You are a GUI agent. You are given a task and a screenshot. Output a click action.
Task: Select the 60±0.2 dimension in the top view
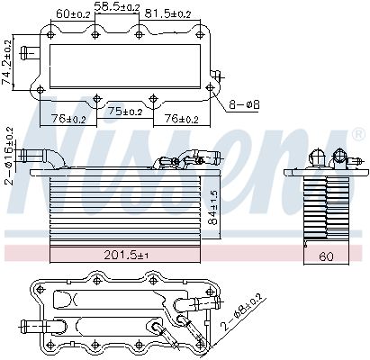click(x=73, y=14)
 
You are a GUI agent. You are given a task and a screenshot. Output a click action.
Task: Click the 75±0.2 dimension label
click(x=125, y=112)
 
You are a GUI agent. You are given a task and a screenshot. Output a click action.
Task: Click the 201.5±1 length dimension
click(x=124, y=255)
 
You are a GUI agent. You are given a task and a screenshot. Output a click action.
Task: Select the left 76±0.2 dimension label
click(x=68, y=117)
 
